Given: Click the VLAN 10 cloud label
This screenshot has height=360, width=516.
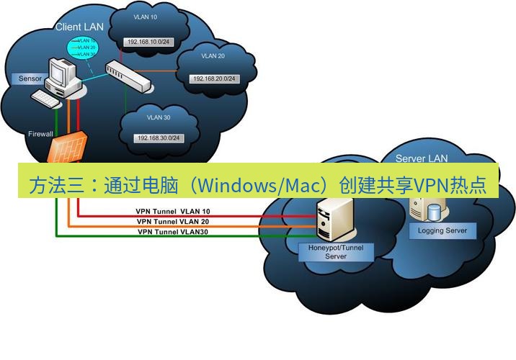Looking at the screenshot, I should (x=146, y=16).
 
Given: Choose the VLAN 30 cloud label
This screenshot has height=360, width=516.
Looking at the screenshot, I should (x=159, y=117).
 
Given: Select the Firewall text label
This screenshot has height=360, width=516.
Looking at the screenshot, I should (x=40, y=135).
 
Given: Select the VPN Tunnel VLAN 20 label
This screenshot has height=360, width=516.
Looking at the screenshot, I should (x=173, y=222).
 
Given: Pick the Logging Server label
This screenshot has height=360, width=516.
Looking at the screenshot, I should (x=442, y=231).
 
